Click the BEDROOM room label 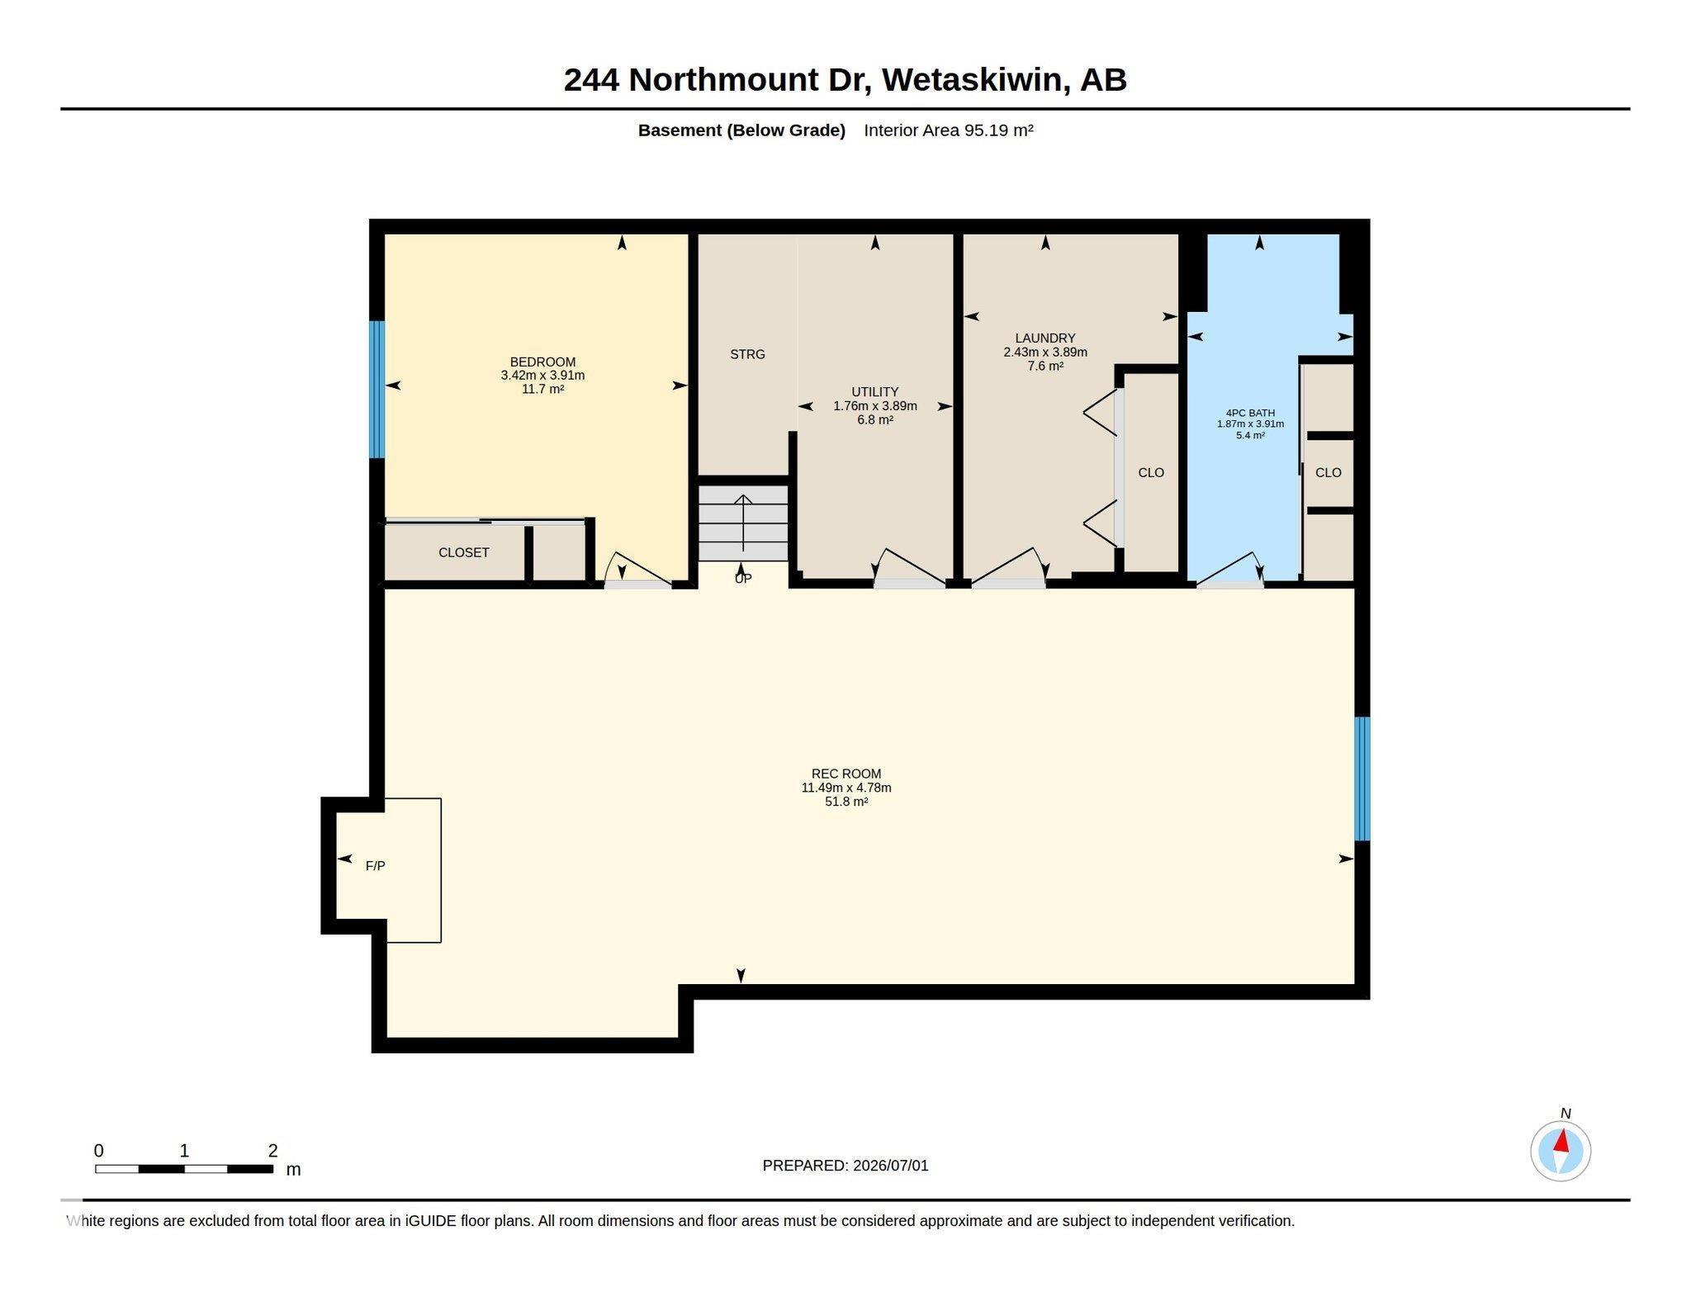[542, 362]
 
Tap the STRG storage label [747, 354]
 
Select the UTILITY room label [875, 392]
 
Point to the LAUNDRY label [1045, 338]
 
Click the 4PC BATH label [1250, 413]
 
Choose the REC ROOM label [846, 774]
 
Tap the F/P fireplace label [375, 866]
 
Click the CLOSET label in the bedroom [463, 552]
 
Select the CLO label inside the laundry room [1151, 472]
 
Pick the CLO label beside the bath [1328, 472]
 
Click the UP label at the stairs [743, 579]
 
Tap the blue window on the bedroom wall [377, 389]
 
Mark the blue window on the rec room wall [1362, 778]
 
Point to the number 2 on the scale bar [272, 1150]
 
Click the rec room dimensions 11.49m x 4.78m [846, 788]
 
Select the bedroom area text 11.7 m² [542, 389]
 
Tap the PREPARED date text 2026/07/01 [891, 1166]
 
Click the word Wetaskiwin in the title [971, 80]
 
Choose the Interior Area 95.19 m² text [949, 130]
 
